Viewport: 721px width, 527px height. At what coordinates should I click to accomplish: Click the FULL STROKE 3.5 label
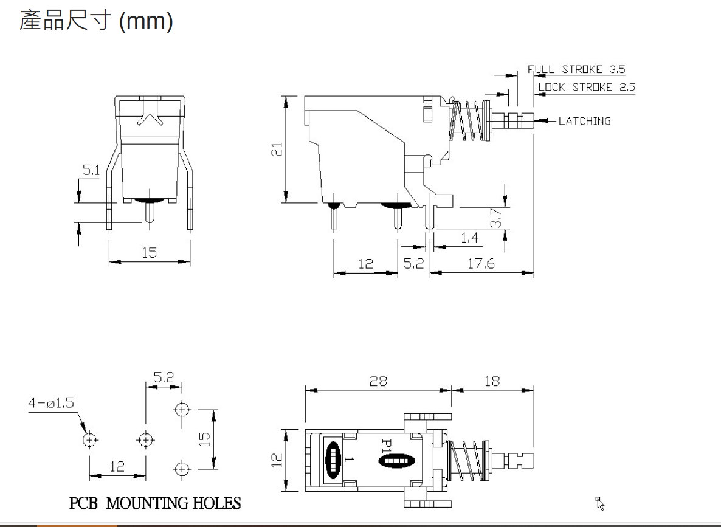576,69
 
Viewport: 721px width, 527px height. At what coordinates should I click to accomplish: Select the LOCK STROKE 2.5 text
587,87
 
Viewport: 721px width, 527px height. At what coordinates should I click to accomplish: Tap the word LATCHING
585,121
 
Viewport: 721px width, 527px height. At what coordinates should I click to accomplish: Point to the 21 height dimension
277,149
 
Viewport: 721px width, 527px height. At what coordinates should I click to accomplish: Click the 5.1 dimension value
91,170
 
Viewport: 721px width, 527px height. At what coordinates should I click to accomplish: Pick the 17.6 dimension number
481,264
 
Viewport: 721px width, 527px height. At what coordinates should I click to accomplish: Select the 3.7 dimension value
495,218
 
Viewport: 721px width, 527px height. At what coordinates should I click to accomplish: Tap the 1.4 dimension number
469,238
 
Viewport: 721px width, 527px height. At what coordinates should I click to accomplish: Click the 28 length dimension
378,381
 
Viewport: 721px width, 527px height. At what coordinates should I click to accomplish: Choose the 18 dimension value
492,381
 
